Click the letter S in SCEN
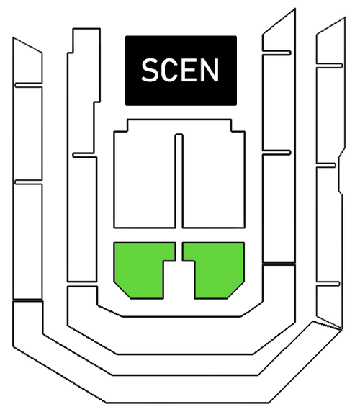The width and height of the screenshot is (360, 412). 150,70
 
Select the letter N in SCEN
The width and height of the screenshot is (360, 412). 210,70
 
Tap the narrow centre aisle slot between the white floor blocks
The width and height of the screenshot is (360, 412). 179,182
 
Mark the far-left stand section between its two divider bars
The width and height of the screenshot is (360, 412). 28,133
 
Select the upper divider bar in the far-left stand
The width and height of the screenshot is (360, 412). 29,86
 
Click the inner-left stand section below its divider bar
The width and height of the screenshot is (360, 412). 82,220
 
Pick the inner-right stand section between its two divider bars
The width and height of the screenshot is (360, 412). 279,102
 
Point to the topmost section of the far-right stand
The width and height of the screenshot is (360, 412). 330,42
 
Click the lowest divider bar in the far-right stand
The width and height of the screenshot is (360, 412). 328,284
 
